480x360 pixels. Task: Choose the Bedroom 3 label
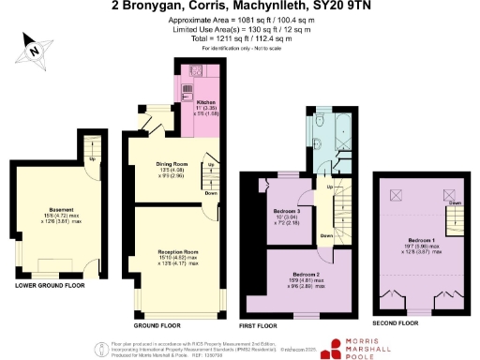pos(287,212)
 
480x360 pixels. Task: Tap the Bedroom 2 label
pos(304,272)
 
